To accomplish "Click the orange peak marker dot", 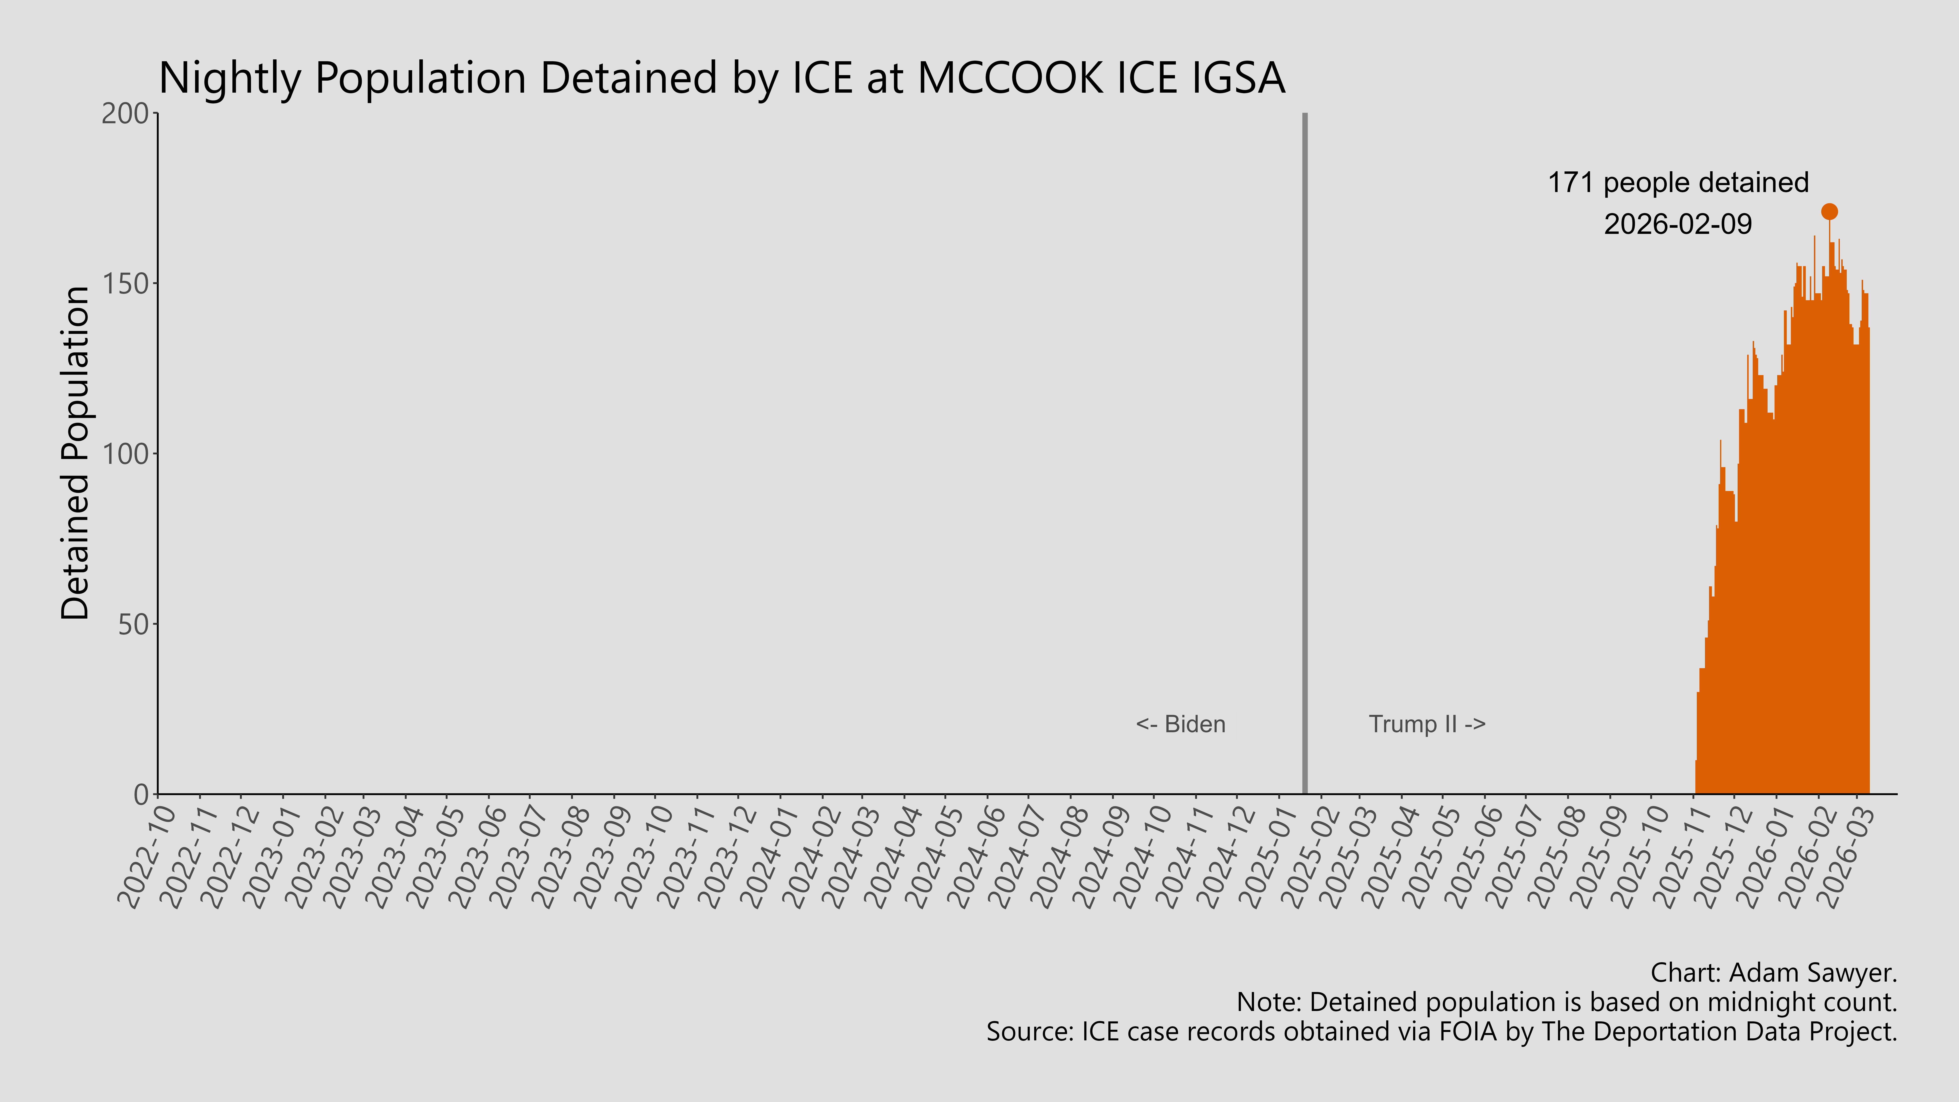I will coord(1829,211).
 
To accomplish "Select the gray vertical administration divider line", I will coord(1305,456).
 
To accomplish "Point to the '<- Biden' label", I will coord(1180,724).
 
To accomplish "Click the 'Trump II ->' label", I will coord(1427,724).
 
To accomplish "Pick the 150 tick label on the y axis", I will coord(125,284).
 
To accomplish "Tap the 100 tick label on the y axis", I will coord(125,454).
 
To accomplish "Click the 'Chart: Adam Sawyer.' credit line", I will coord(1774,973).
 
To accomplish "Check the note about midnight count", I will coord(1567,1002).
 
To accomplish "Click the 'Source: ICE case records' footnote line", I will coord(1441,1032).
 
